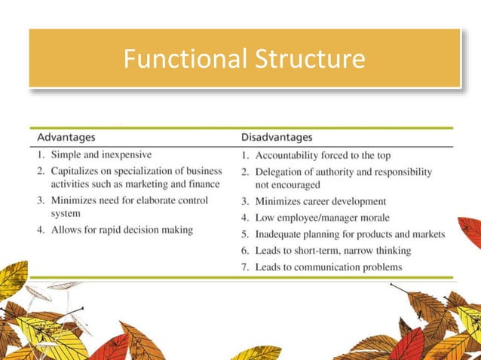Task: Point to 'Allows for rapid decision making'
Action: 121,229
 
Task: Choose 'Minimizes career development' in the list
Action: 320,201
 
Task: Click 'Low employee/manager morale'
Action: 322,218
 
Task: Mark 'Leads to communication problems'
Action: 329,267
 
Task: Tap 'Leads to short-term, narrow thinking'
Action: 333,250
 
